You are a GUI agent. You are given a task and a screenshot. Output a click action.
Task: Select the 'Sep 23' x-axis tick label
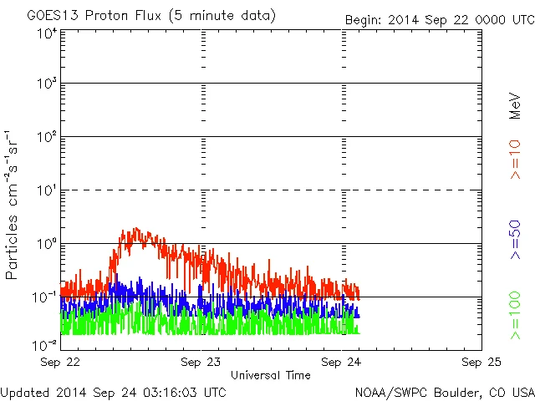click(x=201, y=363)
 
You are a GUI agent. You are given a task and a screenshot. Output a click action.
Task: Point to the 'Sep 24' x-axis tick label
click(x=343, y=363)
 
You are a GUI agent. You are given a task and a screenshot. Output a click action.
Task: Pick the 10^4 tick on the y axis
click(x=46, y=33)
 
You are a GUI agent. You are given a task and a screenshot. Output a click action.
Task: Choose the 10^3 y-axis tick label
click(x=46, y=85)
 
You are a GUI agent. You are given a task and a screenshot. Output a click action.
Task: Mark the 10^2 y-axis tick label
click(x=46, y=138)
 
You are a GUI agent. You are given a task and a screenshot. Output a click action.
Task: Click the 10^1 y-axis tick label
click(x=46, y=191)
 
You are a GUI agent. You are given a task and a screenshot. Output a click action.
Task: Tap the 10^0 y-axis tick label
click(x=46, y=245)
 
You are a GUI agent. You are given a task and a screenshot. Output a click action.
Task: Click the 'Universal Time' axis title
click(x=271, y=375)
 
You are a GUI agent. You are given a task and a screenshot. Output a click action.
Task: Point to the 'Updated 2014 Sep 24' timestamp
click(x=113, y=391)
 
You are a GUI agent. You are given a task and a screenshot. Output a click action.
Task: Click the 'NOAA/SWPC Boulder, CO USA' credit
click(x=444, y=391)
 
